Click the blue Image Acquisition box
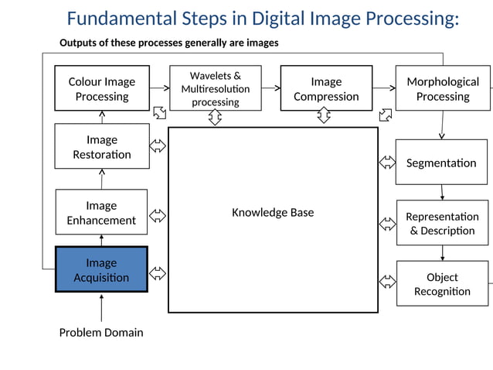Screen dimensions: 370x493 (x=101, y=269)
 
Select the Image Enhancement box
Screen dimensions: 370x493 (x=101, y=212)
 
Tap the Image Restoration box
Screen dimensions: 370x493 (x=101, y=146)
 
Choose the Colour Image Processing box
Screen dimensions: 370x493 (x=101, y=88)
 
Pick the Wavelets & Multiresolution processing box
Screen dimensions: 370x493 (x=216, y=88)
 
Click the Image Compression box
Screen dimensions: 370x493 (x=325, y=88)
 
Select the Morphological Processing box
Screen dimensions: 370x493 (x=442, y=88)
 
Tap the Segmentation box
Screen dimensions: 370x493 (x=441, y=163)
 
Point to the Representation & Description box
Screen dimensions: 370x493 (x=442, y=223)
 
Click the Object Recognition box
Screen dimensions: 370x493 (x=442, y=283)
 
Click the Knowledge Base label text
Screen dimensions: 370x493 (x=273, y=212)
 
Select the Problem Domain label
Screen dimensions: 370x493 (x=101, y=333)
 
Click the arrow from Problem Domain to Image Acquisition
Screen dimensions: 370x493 (x=101, y=309)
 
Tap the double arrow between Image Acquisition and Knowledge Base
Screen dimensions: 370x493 (x=158, y=272)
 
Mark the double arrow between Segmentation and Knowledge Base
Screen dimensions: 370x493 (x=386, y=163)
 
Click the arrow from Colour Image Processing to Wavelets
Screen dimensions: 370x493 (x=160, y=88)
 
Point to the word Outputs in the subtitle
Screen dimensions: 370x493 (x=80, y=43)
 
